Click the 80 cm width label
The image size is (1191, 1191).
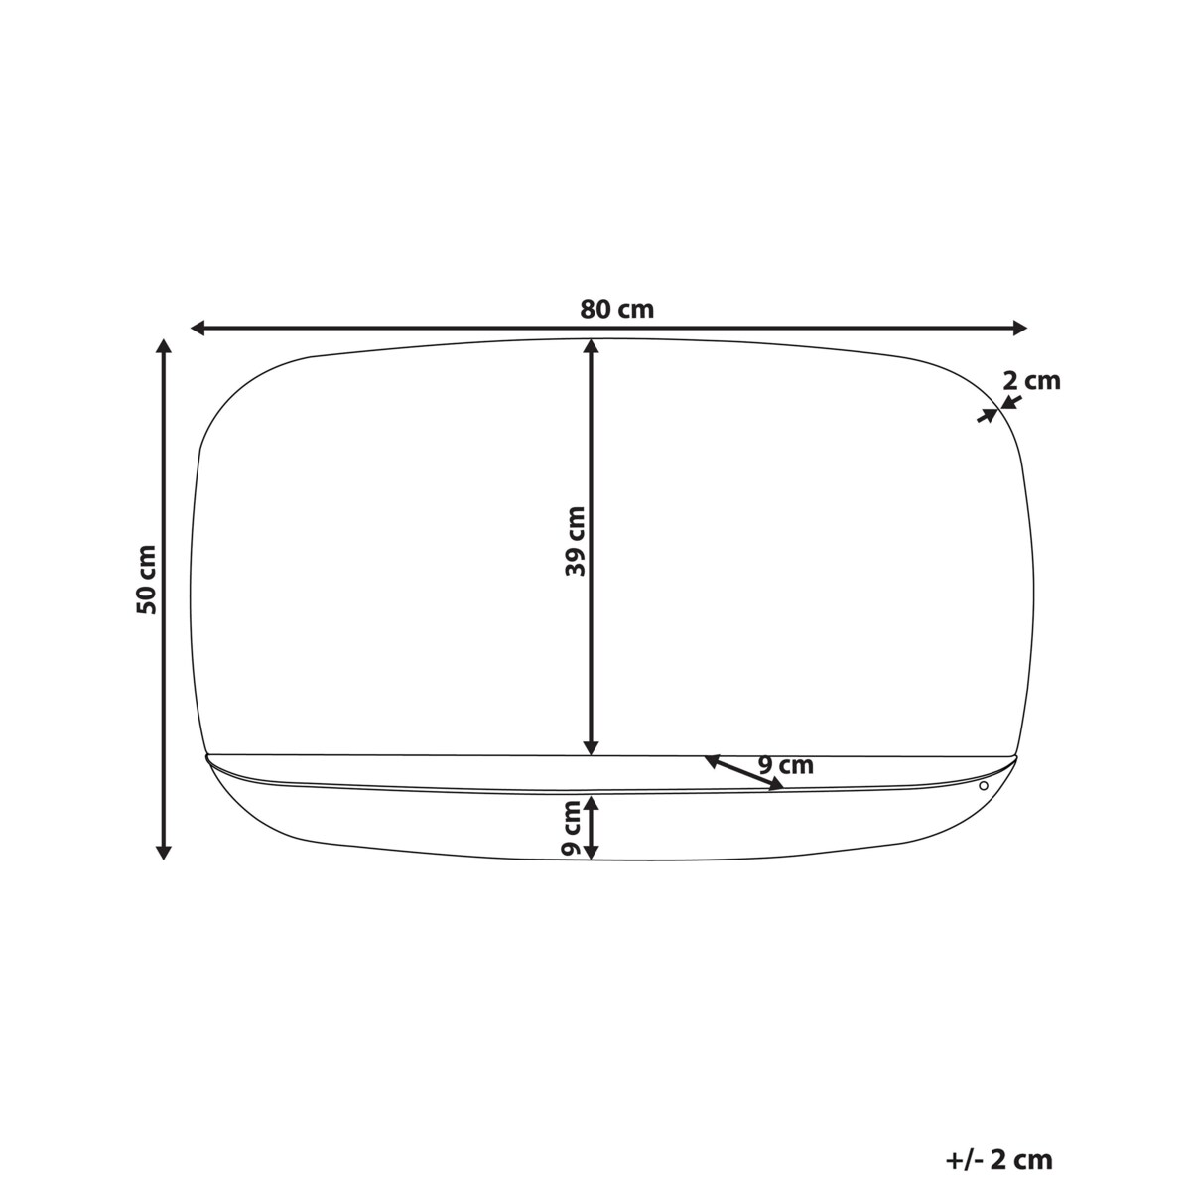coord(616,309)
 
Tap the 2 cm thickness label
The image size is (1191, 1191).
coord(1031,380)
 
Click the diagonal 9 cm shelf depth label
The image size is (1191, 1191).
coord(785,765)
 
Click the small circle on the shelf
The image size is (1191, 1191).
coord(984,785)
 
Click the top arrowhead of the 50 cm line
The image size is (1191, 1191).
coord(165,346)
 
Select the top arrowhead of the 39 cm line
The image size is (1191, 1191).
coord(592,347)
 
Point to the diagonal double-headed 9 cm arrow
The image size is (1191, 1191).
coord(743,773)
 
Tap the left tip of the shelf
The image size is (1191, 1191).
coord(206,757)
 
